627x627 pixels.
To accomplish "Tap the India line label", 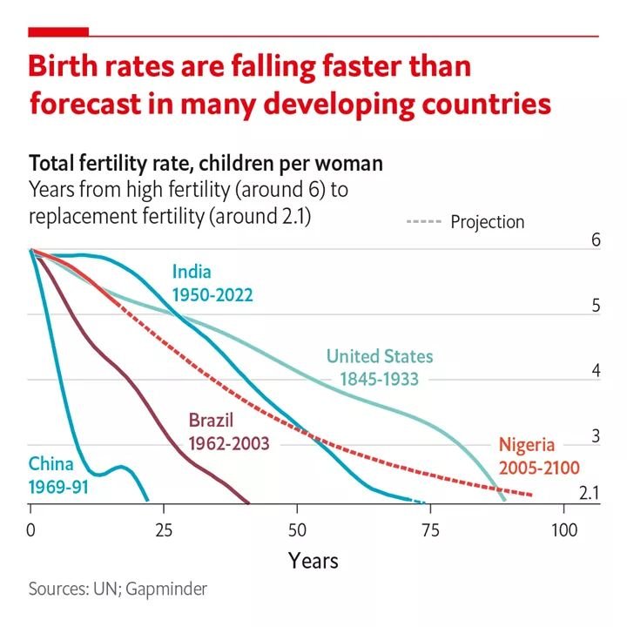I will [x=192, y=272].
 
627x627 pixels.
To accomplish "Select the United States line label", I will [x=379, y=356].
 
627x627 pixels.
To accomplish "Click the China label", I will [x=51, y=464].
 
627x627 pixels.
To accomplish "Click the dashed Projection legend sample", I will [x=423, y=222].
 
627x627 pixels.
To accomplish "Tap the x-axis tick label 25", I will [x=164, y=531].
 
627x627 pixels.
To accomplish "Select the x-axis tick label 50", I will [x=298, y=531].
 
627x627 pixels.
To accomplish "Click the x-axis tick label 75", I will [x=430, y=531].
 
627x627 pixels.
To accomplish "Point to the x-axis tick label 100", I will [x=563, y=531].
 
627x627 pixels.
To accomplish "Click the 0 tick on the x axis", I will [x=30, y=531].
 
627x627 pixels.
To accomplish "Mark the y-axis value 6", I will [x=596, y=240].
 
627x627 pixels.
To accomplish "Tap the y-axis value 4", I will [x=596, y=371].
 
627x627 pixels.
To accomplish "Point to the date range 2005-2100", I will [x=539, y=468].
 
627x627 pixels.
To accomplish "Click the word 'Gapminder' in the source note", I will [x=167, y=590].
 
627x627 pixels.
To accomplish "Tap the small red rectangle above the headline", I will [x=58, y=31].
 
